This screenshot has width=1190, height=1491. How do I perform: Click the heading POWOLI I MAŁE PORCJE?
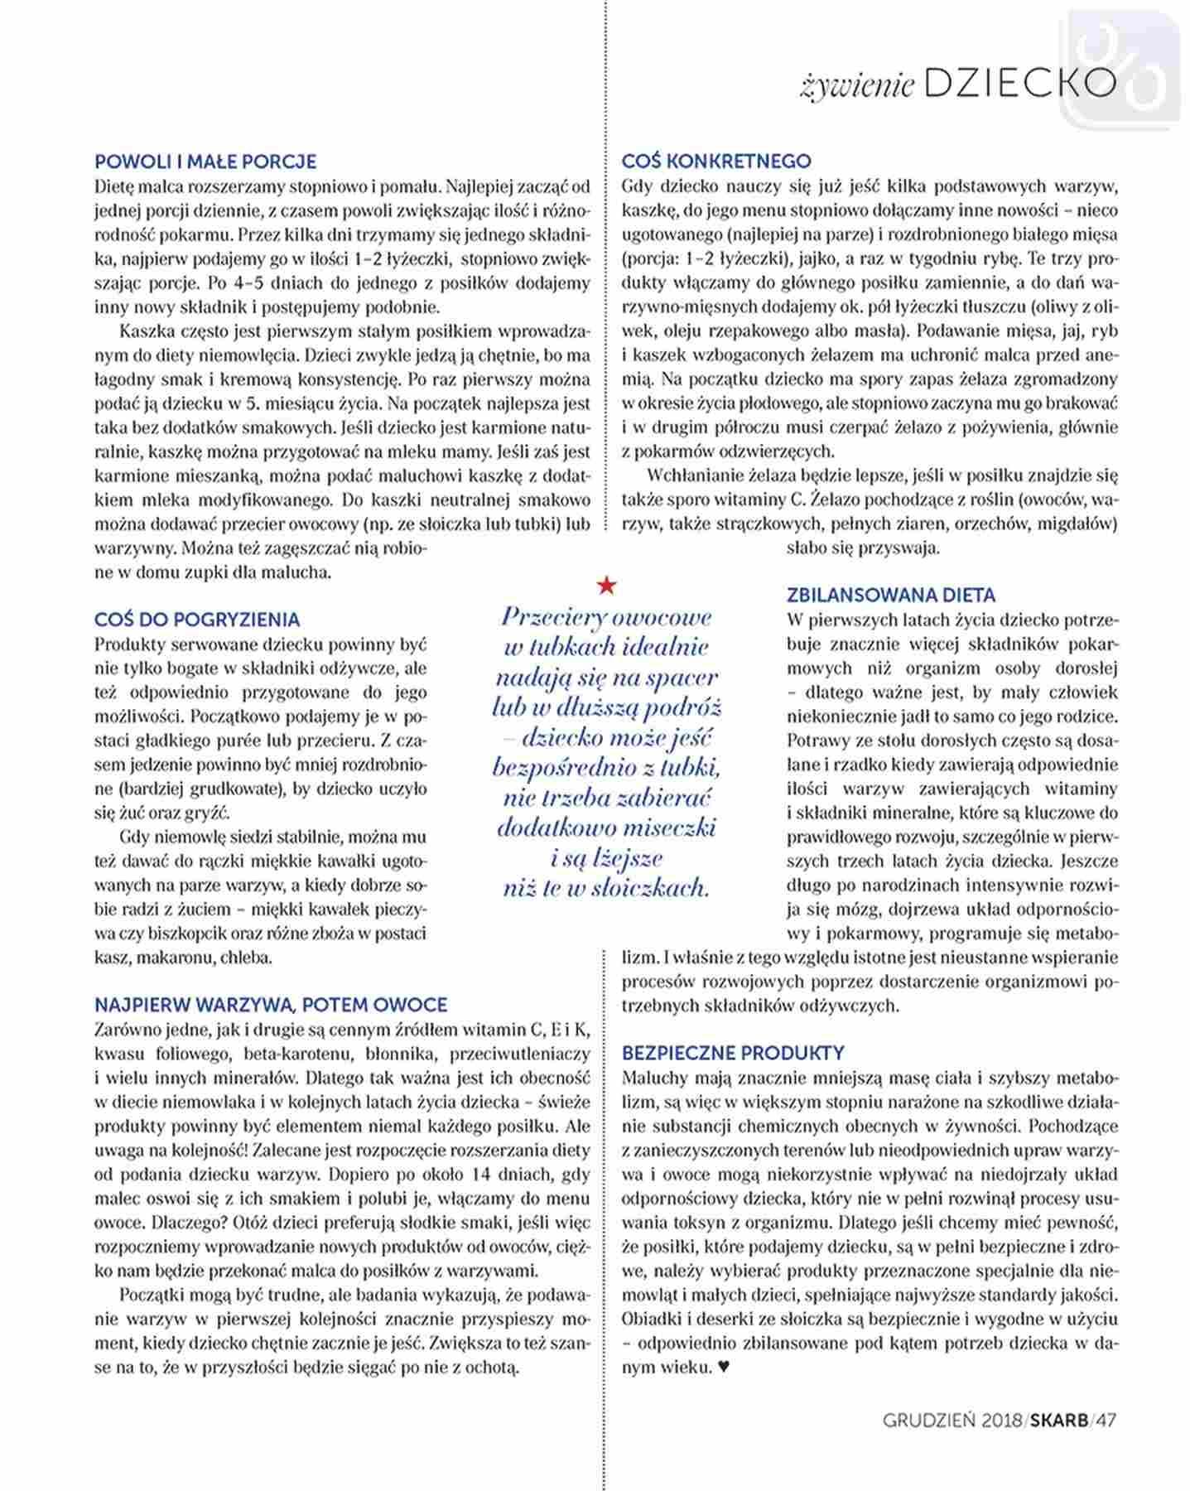tap(205, 162)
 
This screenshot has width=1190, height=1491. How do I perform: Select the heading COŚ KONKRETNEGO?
tap(716, 161)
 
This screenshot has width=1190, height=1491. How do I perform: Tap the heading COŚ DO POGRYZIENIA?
tap(197, 620)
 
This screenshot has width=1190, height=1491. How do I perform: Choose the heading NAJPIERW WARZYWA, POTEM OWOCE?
tap(271, 1005)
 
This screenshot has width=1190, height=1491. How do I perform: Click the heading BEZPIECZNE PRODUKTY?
tap(733, 1053)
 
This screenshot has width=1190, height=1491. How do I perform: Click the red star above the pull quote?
tap(607, 586)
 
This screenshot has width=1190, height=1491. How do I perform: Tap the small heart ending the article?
tap(724, 1368)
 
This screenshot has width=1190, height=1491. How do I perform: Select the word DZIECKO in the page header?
tap(1019, 84)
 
